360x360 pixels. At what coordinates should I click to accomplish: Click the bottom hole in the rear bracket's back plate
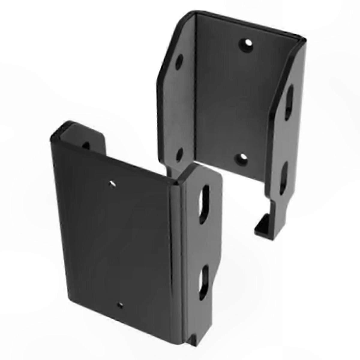(242, 158)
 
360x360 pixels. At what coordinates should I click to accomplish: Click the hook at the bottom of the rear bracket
(262, 223)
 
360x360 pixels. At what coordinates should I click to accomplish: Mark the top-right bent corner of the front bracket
(180, 183)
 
